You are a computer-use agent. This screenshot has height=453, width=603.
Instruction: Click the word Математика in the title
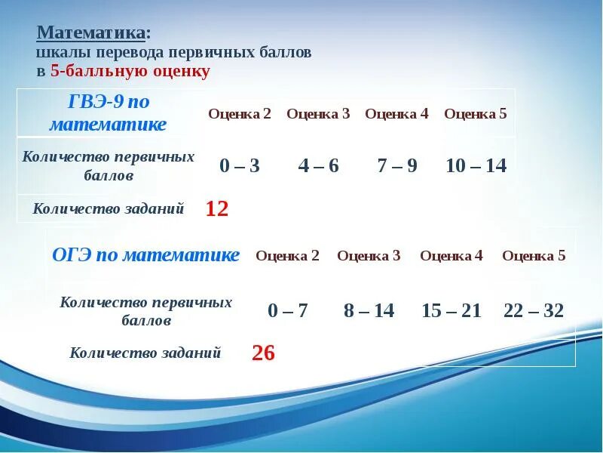(92, 33)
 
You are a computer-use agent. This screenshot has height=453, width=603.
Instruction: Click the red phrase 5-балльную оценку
(130, 72)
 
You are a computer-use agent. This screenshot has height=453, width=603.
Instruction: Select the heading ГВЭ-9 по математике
(109, 113)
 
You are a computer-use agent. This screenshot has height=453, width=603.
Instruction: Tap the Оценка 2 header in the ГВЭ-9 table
(240, 114)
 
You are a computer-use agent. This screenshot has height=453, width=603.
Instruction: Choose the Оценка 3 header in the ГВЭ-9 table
(318, 114)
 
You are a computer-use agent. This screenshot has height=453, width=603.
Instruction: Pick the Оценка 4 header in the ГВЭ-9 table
(396, 114)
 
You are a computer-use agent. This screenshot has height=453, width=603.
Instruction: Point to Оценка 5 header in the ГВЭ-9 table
(476, 114)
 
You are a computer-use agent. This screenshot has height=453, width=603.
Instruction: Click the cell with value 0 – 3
(240, 166)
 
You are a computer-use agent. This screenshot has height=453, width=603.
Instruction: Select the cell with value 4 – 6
(318, 166)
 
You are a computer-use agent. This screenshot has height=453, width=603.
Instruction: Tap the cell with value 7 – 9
(397, 166)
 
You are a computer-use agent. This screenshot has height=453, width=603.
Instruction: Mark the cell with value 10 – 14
(476, 166)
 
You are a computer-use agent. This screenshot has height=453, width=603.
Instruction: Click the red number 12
(216, 209)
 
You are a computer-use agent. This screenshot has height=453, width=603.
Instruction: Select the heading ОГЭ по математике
(146, 255)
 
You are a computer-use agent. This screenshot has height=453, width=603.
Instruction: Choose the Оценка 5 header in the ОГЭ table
(534, 256)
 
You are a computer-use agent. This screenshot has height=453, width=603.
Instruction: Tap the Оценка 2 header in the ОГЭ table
(287, 256)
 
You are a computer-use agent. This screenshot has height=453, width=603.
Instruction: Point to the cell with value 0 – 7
(287, 310)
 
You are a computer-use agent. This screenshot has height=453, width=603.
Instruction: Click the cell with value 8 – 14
(369, 310)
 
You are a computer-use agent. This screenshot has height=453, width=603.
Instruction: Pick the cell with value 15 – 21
(451, 310)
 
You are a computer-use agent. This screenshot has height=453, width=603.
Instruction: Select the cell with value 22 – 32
(534, 310)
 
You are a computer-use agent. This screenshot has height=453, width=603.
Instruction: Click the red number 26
(263, 353)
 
